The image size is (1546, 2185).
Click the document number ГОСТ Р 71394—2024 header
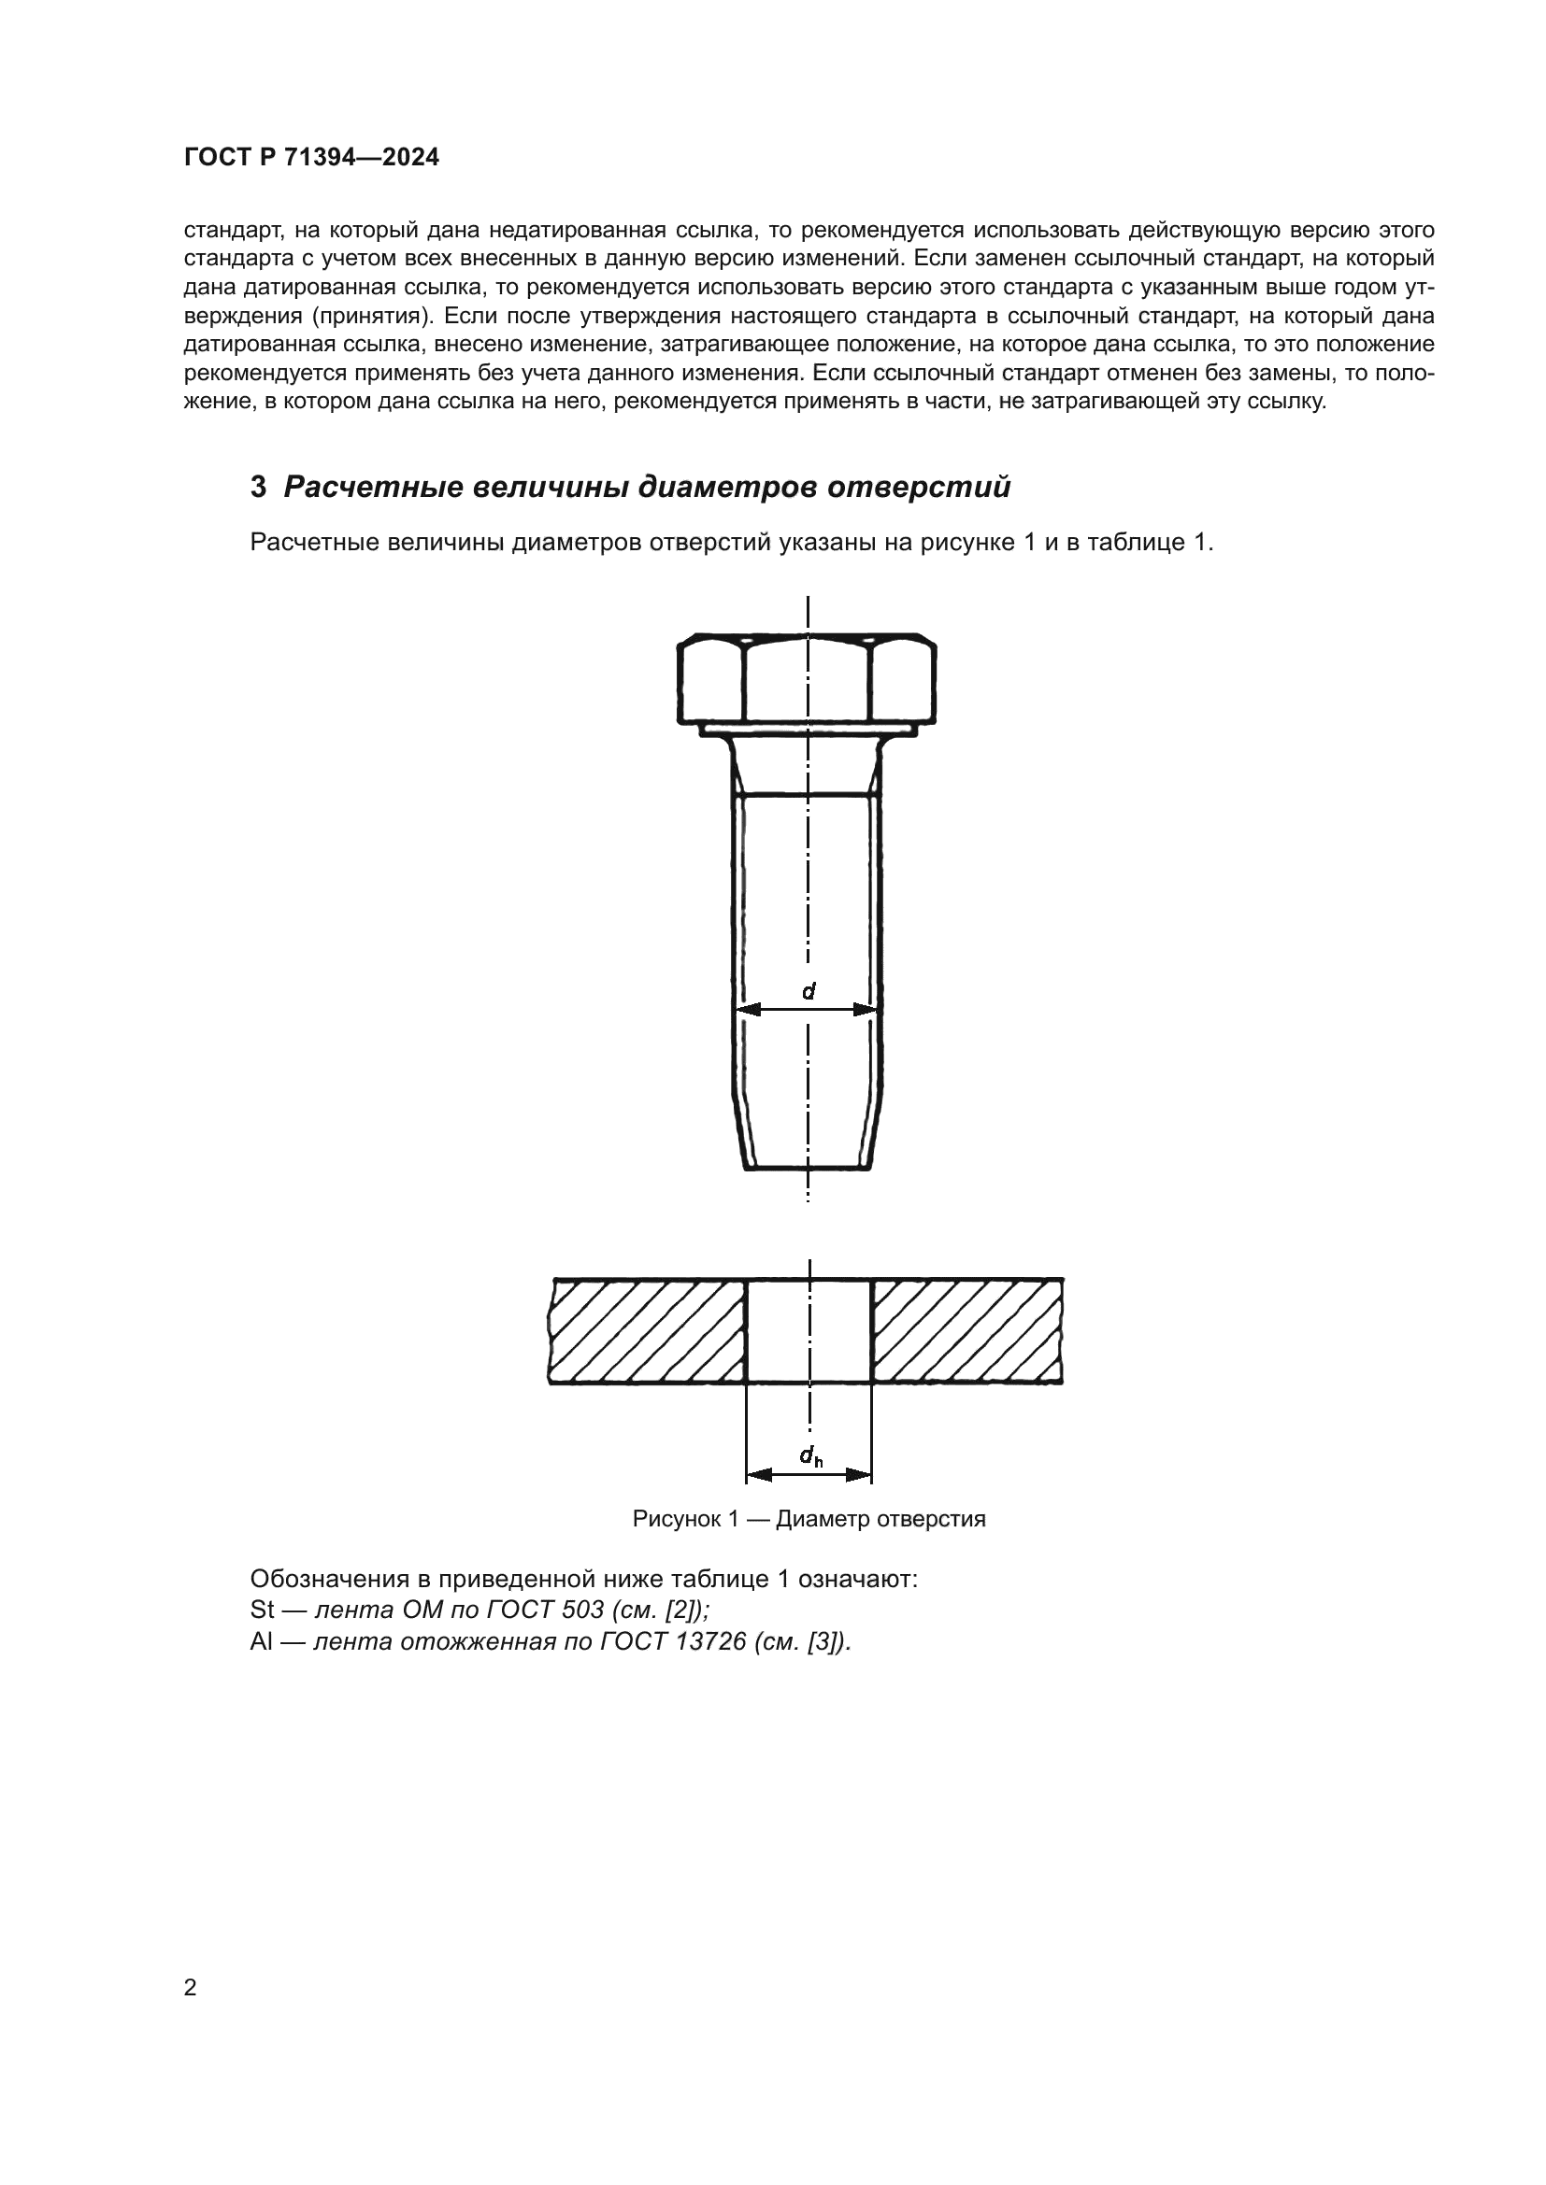click(311, 158)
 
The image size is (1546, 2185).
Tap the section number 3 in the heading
click(258, 488)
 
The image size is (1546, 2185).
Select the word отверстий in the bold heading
click(918, 488)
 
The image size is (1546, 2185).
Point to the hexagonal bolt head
click(807, 679)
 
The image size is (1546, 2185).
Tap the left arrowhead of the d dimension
click(749, 1010)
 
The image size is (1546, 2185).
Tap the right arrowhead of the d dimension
click(866, 1010)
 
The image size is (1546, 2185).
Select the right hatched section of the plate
click(967, 1330)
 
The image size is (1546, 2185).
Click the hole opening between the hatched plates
click(809, 1330)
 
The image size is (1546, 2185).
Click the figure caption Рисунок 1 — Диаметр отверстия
click(809, 1519)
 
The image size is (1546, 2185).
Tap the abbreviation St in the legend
click(262, 1610)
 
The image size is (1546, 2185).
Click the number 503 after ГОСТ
click(582, 1610)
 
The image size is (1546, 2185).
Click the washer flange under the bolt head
click(807, 730)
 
